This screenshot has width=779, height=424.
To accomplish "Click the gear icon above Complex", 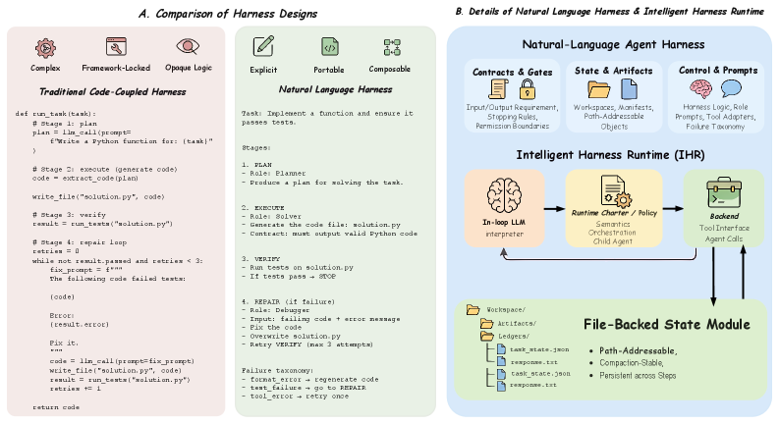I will click(45, 47).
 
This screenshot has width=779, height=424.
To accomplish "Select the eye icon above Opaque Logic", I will click(187, 46).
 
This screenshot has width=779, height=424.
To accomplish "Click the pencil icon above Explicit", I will click(262, 46).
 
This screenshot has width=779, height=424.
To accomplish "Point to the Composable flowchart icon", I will click(390, 46).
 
